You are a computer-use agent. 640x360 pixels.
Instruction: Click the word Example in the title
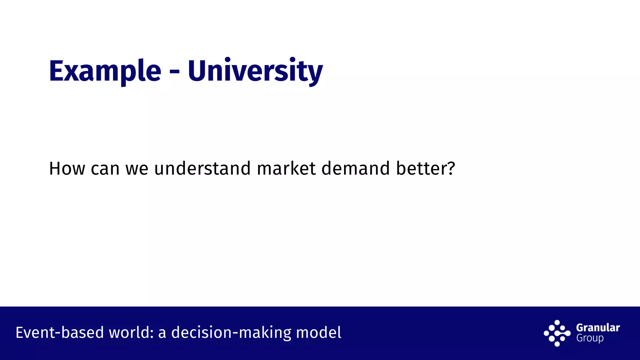tap(105, 71)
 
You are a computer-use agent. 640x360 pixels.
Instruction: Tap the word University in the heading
tap(255, 71)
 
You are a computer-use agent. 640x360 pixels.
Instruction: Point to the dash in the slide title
tap(174, 72)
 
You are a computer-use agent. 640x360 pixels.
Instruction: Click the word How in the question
tap(67, 169)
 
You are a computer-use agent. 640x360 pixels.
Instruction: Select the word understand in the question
tap(202, 169)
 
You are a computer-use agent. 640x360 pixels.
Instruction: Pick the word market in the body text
tap(286, 169)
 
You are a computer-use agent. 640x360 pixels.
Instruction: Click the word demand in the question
tap(356, 169)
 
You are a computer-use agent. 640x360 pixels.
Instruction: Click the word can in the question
tap(105, 169)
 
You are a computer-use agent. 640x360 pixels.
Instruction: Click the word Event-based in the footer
tap(59, 332)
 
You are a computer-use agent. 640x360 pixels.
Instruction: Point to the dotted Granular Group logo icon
tap(557, 333)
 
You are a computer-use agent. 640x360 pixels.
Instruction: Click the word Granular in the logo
tap(598, 327)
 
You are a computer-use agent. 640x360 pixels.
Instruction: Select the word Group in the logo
tap(590, 338)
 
